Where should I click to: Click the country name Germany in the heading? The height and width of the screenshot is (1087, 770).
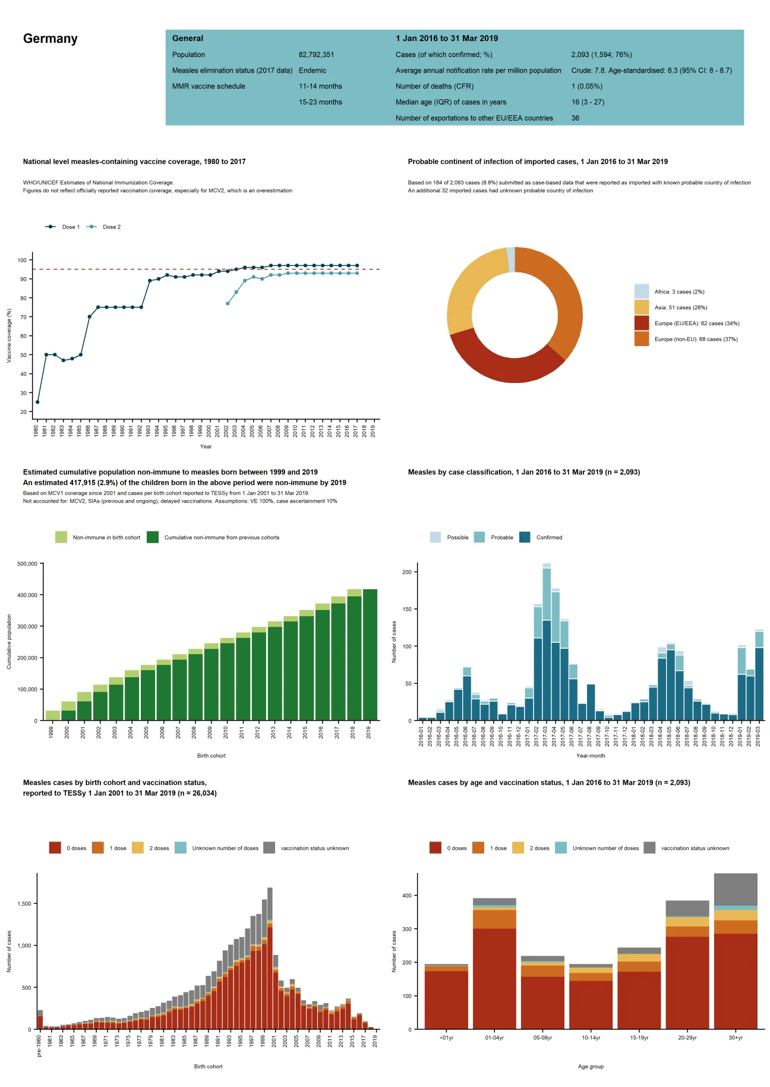pos(51,39)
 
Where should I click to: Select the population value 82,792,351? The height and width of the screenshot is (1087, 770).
pos(316,55)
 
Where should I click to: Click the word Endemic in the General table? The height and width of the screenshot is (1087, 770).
pos(313,70)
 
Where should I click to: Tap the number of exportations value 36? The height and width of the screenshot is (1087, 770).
pos(575,118)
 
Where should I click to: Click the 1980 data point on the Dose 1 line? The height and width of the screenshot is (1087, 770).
pos(37,402)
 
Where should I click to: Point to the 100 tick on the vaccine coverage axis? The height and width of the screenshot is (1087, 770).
pos(22,260)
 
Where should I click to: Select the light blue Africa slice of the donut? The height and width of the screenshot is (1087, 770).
pos(511,259)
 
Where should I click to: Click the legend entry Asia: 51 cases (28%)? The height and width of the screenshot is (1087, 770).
pos(680,307)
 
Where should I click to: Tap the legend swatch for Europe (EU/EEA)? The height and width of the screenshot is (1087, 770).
pos(641,323)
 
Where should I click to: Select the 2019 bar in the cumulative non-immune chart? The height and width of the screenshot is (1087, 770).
pos(370,654)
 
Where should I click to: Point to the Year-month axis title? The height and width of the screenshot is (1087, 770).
pos(590,756)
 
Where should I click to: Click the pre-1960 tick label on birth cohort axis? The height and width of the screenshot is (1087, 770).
pos(39,1045)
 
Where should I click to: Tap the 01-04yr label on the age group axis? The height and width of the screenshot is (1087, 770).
pos(494,1038)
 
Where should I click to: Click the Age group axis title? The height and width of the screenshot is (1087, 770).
pos(590,1066)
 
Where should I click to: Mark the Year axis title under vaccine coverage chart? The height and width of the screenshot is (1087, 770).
pos(206,447)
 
